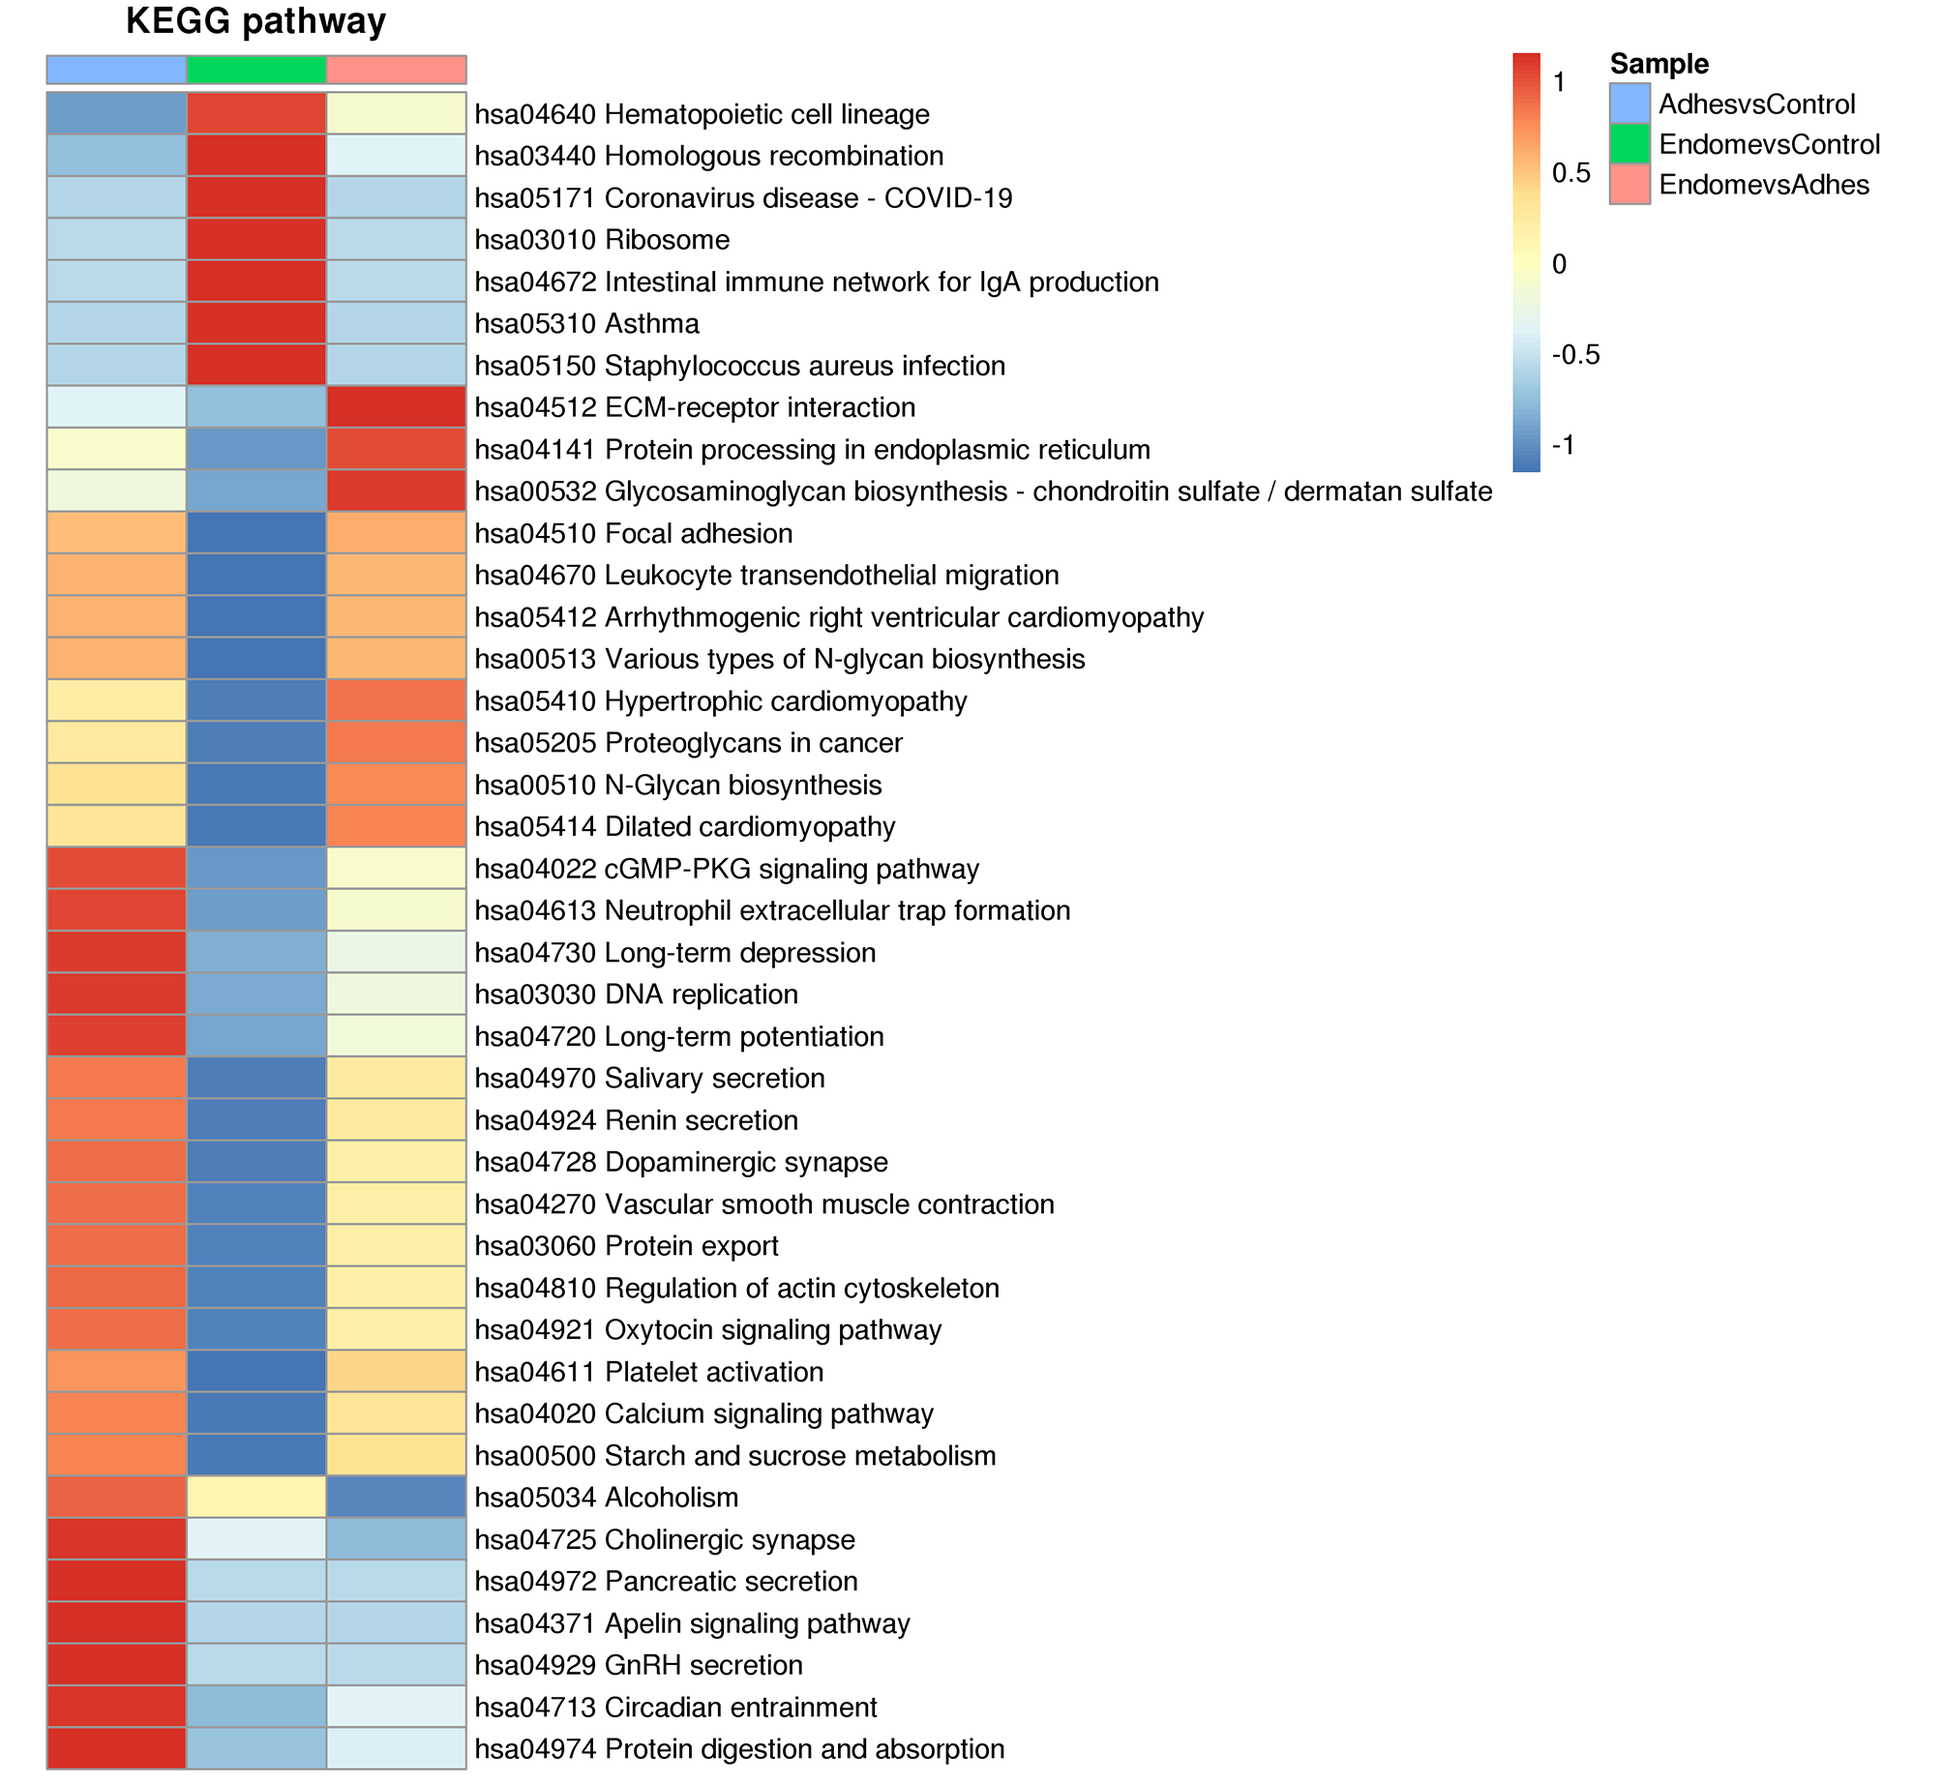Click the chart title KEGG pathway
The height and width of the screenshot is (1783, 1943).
(255, 21)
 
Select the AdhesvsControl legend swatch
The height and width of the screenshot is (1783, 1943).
(1629, 104)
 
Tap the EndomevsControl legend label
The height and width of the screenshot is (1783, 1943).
(1769, 144)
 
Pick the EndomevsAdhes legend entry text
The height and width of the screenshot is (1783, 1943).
(1763, 185)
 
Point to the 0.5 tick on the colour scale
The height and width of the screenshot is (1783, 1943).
(1570, 172)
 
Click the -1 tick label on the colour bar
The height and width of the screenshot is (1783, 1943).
(1563, 445)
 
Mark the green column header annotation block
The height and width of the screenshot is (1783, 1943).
(256, 70)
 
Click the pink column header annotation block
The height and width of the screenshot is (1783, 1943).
(397, 70)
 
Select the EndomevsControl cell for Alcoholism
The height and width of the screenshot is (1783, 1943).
(256, 1498)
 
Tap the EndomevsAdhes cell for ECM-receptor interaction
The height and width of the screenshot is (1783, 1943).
(397, 407)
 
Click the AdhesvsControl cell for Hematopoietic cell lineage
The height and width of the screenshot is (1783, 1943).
(116, 113)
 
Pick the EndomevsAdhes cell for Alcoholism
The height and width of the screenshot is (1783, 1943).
(397, 1498)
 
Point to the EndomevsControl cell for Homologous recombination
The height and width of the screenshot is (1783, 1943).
(256, 156)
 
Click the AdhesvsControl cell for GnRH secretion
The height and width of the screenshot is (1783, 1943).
(116, 1665)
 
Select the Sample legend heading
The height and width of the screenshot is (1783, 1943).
(1659, 64)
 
